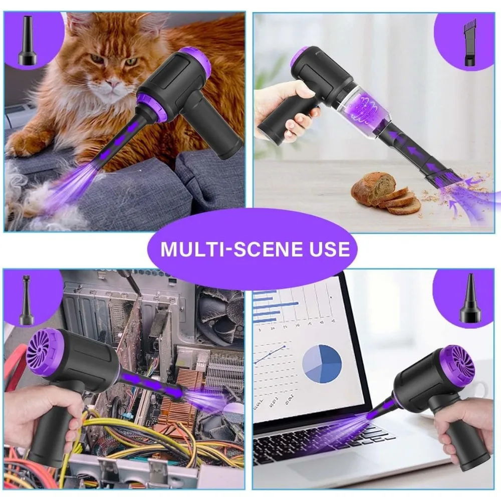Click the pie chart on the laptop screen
(322, 364)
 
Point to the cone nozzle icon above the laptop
(470, 299)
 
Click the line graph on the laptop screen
(270, 354)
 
